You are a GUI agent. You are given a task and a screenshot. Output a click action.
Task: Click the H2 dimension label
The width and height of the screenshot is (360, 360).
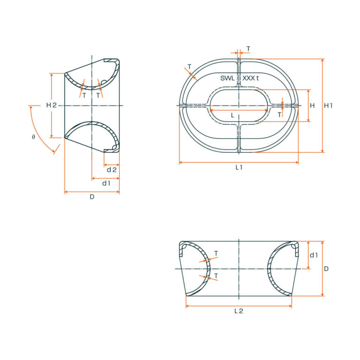point(51,105)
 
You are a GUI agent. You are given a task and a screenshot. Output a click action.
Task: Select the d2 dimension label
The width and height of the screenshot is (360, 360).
point(111,169)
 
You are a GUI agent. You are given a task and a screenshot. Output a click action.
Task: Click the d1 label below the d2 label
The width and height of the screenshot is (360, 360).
point(106,183)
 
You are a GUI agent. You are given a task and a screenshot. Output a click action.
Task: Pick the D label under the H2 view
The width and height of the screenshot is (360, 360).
point(92,197)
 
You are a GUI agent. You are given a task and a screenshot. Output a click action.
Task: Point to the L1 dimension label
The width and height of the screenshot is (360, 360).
point(239,167)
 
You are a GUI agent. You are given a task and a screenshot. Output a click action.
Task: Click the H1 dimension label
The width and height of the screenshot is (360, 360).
point(329,105)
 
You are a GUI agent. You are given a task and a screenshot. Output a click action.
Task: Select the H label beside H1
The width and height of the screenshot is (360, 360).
point(312,105)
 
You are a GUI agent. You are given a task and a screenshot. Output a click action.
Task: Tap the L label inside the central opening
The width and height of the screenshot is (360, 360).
point(232,115)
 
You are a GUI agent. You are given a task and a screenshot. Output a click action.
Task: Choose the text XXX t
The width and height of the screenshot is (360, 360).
point(251,78)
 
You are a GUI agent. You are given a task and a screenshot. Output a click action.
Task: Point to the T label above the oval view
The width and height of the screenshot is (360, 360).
point(248,49)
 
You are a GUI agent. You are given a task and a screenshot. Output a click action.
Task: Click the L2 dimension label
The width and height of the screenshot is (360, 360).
point(239,311)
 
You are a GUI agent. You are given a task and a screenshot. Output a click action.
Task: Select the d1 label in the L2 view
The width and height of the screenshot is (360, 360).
point(314,255)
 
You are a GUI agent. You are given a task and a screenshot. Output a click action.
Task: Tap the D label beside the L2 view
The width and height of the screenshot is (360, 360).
point(326,269)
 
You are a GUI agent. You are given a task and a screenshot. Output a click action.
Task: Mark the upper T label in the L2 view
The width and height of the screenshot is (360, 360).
point(216,253)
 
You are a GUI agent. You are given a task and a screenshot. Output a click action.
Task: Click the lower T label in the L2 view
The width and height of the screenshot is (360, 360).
point(216,276)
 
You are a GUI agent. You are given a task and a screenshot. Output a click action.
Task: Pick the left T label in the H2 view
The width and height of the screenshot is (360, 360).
point(84,95)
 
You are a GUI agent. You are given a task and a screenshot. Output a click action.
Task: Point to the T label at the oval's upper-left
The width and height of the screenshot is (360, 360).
point(189,66)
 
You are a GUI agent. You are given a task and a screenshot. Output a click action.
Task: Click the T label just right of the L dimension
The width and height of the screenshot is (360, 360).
point(279,114)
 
